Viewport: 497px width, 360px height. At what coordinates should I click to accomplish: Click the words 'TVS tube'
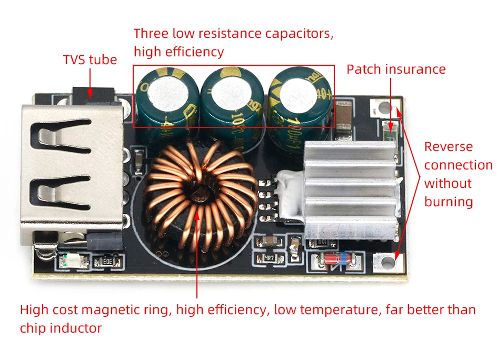(90, 59)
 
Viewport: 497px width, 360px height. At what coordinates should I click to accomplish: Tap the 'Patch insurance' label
(396, 69)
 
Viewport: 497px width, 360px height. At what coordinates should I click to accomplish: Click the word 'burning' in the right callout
(449, 202)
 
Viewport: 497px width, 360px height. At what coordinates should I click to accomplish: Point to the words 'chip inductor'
(61, 328)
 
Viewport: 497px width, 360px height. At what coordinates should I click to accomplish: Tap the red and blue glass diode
(337, 261)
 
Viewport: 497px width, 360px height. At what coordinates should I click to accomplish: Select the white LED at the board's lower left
(70, 260)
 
